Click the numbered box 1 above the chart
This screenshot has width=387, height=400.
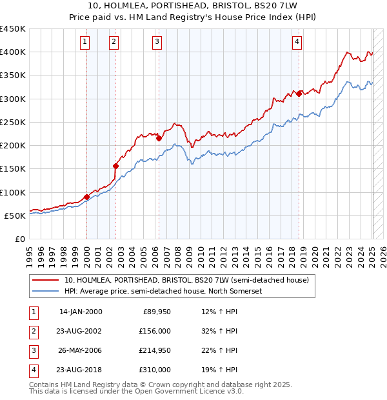[x=85, y=43]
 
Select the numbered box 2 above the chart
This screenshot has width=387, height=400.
[x=114, y=43]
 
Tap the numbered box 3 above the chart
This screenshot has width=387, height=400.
[x=157, y=43]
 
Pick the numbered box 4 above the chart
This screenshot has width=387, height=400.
[x=297, y=43]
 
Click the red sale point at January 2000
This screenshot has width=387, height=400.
[x=86, y=197]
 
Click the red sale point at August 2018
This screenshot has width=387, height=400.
[x=299, y=94]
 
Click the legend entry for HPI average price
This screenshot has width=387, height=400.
[x=171, y=291]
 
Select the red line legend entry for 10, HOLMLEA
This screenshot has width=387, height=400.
[x=187, y=281]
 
